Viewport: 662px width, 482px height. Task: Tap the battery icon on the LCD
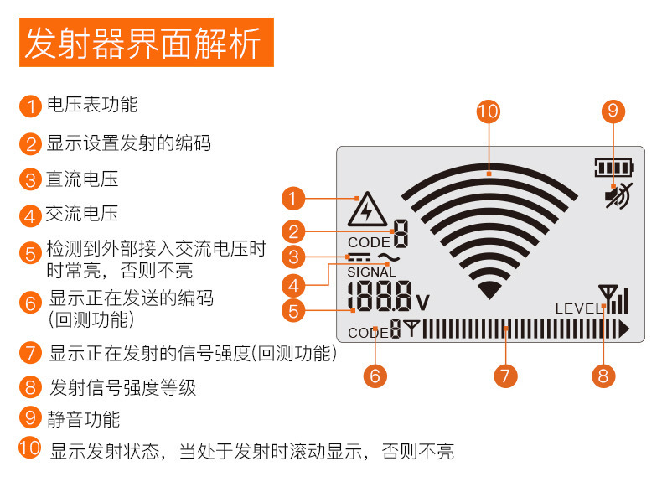click(613, 168)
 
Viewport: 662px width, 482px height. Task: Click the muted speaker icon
click(619, 195)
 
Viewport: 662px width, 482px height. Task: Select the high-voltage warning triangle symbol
click(365, 210)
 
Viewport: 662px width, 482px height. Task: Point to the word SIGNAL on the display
click(371, 272)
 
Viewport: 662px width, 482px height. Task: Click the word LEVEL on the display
click(578, 309)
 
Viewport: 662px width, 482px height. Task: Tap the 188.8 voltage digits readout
click(379, 298)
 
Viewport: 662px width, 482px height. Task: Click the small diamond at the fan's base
click(489, 290)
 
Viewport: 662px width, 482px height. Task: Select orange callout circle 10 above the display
click(488, 111)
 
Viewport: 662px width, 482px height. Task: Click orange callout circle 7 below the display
click(504, 375)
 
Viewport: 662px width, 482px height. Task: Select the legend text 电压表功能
click(91, 105)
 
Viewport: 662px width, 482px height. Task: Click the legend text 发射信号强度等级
click(122, 387)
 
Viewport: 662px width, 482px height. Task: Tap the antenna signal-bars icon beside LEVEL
click(613, 299)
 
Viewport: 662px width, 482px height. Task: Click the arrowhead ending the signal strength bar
click(623, 329)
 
